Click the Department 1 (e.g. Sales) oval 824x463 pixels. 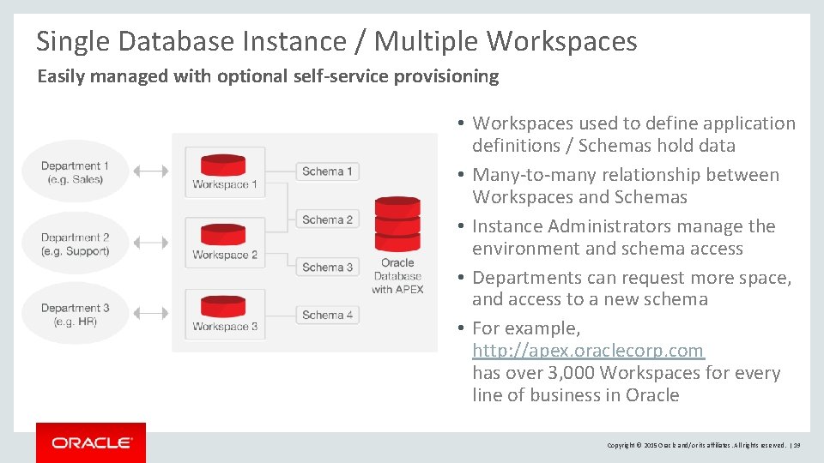coord(75,172)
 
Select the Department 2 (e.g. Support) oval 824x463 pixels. coord(75,244)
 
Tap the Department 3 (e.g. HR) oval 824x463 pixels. coord(75,315)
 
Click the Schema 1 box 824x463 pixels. coord(327,171)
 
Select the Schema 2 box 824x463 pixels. coord(327,219)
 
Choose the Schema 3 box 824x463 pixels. coord(327,267)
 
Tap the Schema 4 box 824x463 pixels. coord(327,315)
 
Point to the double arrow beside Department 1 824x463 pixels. coord(152,171)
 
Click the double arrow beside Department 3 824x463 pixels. coord(152,314)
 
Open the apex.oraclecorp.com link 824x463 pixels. coord(588,351)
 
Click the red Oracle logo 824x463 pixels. coord(91,442)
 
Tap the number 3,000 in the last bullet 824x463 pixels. coord(570,373)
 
